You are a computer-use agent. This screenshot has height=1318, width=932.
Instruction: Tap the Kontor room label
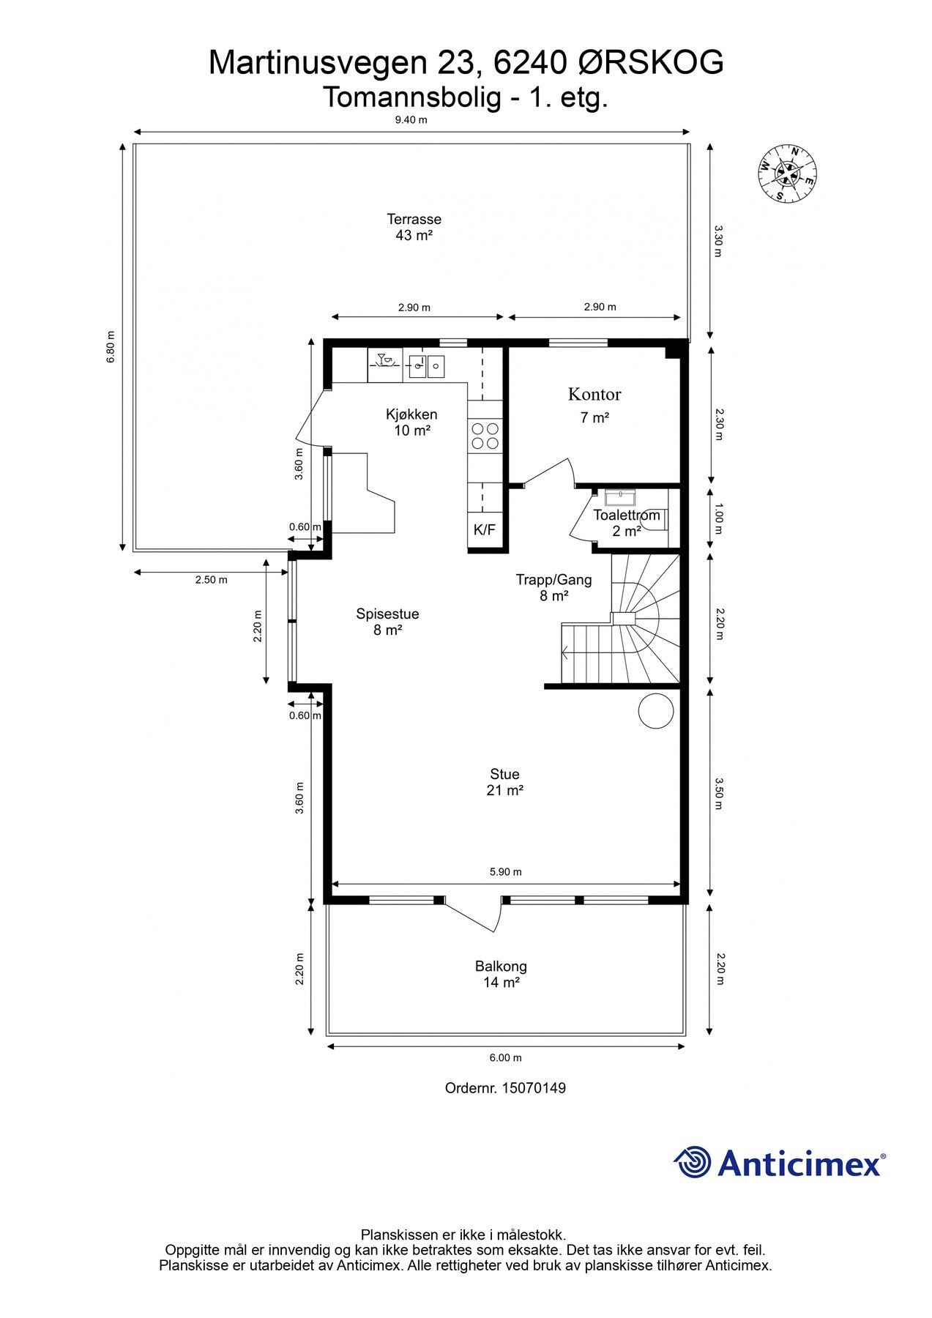tap(594, 395)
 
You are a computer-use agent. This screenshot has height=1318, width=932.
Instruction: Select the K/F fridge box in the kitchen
tap(484, 529)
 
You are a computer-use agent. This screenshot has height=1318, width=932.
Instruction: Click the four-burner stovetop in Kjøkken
tap(485, 436)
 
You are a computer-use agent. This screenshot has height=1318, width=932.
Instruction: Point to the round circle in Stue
tap(656, 710)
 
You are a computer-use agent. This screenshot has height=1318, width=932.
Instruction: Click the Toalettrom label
tap(627, 515)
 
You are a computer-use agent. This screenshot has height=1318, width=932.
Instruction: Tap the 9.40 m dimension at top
tap(411, 120)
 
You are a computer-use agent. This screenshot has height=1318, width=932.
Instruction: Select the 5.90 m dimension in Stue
tap(506, 871)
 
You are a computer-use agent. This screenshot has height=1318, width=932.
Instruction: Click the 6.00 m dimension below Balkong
tap(506, 1057)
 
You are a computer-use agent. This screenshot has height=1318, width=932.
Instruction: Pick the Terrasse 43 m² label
tap(414, 227)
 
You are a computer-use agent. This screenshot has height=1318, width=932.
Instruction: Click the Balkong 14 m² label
tap(502, 975)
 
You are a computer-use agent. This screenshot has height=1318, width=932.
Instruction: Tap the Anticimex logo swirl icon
tap(693, 1162)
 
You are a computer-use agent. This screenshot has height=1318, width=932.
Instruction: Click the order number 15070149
tap(534, 1088)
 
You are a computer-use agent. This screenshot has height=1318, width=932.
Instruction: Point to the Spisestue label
tap(387, 614)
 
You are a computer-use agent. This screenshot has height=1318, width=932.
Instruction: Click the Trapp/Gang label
tap(554, 580)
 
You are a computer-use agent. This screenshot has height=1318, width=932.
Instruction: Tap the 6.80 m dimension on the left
tap(111, 347)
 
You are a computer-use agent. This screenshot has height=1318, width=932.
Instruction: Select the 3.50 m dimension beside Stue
tap(718, 793)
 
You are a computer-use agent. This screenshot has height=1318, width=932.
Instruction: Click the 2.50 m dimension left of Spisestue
tap(211, 580)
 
